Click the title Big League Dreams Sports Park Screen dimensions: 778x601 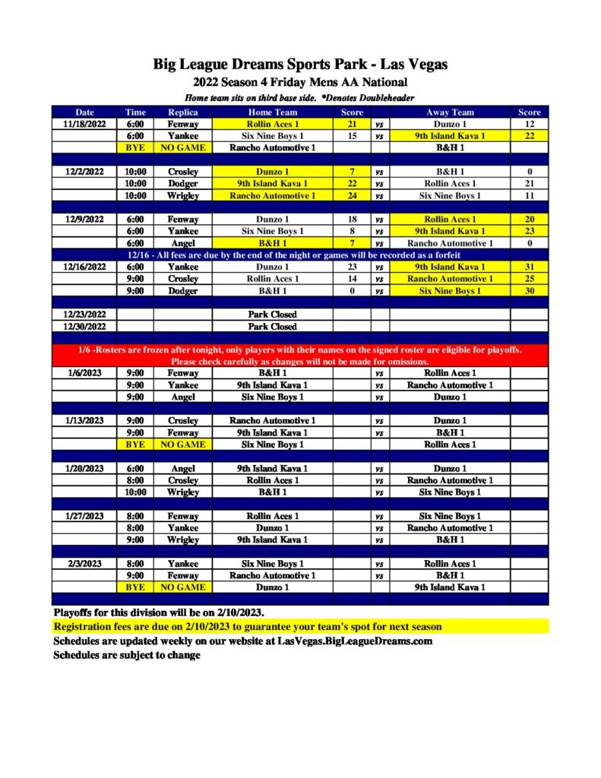tap(300, 65)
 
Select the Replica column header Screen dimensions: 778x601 tap(182, 112)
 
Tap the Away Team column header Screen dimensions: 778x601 tap(450, 112)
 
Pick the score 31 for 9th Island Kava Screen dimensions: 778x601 tap(529, 267)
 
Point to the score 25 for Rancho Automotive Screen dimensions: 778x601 tap(529, 279)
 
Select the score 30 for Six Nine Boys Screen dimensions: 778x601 tap(529, 291)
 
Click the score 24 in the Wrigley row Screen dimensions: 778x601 tap(352, 195)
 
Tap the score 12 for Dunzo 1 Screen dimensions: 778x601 tap(529, 124)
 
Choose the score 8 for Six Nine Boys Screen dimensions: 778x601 tap(352, 231)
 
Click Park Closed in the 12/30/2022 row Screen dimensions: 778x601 tap(272, 327)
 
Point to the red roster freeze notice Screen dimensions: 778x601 tap(300, 356)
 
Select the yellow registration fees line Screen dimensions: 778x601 tap(248, 627)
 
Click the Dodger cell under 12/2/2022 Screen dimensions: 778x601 tap(182, 183)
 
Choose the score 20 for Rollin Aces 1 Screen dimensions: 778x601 tap(529, 220)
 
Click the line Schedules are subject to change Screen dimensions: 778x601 tap(127, 655)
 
